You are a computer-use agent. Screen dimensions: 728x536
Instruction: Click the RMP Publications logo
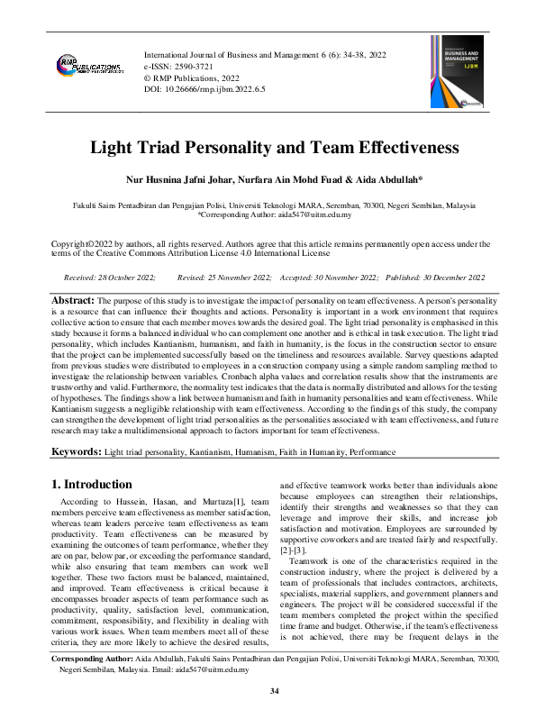89,68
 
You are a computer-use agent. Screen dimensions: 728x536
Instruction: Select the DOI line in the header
201,90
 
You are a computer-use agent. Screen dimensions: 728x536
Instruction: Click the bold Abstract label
72,299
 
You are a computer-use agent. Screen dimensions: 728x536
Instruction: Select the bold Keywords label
77,450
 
